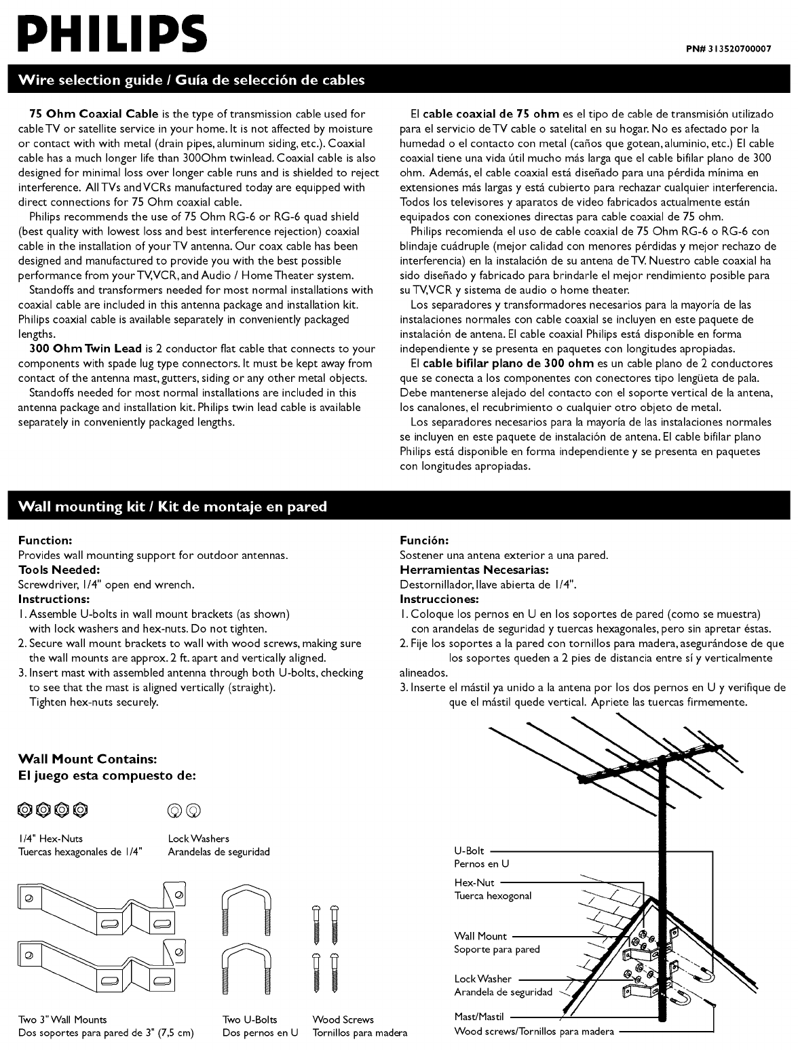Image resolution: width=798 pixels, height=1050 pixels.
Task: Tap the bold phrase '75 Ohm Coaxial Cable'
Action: coord(94,113)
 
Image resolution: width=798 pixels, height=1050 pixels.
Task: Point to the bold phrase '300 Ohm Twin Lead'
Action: coord(85,349)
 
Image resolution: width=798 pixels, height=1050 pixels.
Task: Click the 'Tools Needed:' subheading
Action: coord(59,570)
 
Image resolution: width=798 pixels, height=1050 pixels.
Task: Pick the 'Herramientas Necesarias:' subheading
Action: coord(474,570)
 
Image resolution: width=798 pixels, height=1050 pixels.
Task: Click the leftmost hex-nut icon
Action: coord(24,809)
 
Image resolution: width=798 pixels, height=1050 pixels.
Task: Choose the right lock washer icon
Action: coord(195,809)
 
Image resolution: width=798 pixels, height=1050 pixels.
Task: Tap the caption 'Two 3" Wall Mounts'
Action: coord(62,1019)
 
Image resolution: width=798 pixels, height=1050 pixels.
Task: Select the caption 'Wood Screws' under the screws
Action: coord(343,1019)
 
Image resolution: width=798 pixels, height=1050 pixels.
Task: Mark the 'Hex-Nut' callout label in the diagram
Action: coord(474,882)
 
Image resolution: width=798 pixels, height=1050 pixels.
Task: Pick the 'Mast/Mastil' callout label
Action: coord(478,1017)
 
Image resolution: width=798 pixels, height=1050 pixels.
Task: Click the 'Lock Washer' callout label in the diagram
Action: coord(483,979)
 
